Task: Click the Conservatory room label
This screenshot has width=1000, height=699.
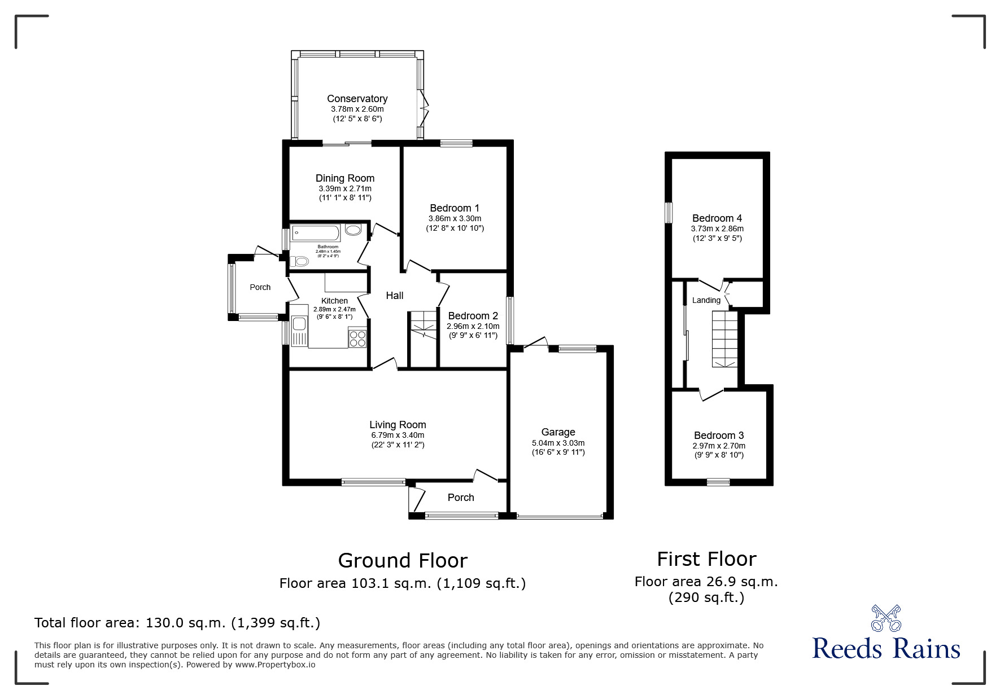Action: (x=357, y=99)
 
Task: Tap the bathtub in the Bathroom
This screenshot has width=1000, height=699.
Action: (x=315, y=232)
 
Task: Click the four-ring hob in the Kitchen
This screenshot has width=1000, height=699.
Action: (x=358, y=338)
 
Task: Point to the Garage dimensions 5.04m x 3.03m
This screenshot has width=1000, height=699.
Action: (x=558, y=443)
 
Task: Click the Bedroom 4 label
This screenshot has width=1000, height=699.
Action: (x=717, y=218)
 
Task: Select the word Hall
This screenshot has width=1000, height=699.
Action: (x=394, y=296)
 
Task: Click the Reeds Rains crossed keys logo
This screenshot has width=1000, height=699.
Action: (x=886, y=618)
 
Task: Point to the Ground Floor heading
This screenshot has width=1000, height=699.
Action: (x=403, y=561)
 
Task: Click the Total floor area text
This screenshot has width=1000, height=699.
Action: (x=177, y=623)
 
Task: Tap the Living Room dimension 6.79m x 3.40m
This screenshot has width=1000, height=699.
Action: (x=398, y=435)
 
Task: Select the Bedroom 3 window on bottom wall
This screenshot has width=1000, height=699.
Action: (x=718, y=482)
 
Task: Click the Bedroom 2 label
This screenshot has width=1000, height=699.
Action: (x=473, y=316)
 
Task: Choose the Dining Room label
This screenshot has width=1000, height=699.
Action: (x=345, y=178)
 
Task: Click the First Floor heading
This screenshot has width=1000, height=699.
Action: (x=706, y=559)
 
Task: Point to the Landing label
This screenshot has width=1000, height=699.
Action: (x=706, y=300)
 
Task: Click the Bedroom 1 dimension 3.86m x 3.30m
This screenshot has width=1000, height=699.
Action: (x=455, y=218)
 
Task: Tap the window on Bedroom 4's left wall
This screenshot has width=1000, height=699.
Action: (x=669, y=213)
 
